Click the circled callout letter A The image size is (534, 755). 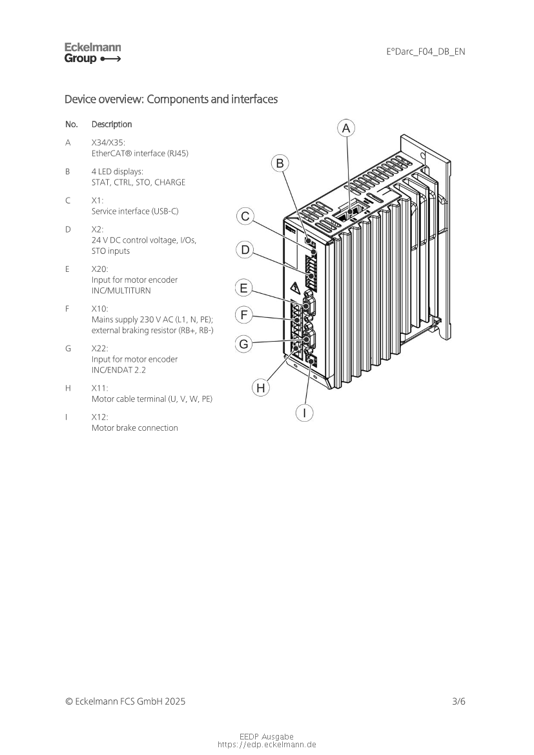345,128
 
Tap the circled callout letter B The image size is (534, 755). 280,163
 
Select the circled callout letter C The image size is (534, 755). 245,216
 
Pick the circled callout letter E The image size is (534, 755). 243,288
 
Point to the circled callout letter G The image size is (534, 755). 243,344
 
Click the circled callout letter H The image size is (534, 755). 260,388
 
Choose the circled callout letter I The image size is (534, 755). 304,413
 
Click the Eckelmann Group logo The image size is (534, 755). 92,53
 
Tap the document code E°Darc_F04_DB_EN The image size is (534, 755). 426,52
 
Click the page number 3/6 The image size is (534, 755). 458,701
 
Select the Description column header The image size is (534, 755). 112,124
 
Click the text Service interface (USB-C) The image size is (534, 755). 135,211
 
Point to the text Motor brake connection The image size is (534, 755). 135,428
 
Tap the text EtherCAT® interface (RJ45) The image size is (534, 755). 140,153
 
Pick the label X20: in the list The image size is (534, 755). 99,269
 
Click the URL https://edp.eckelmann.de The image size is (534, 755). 267,745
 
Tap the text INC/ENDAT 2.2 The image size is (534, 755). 118,370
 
